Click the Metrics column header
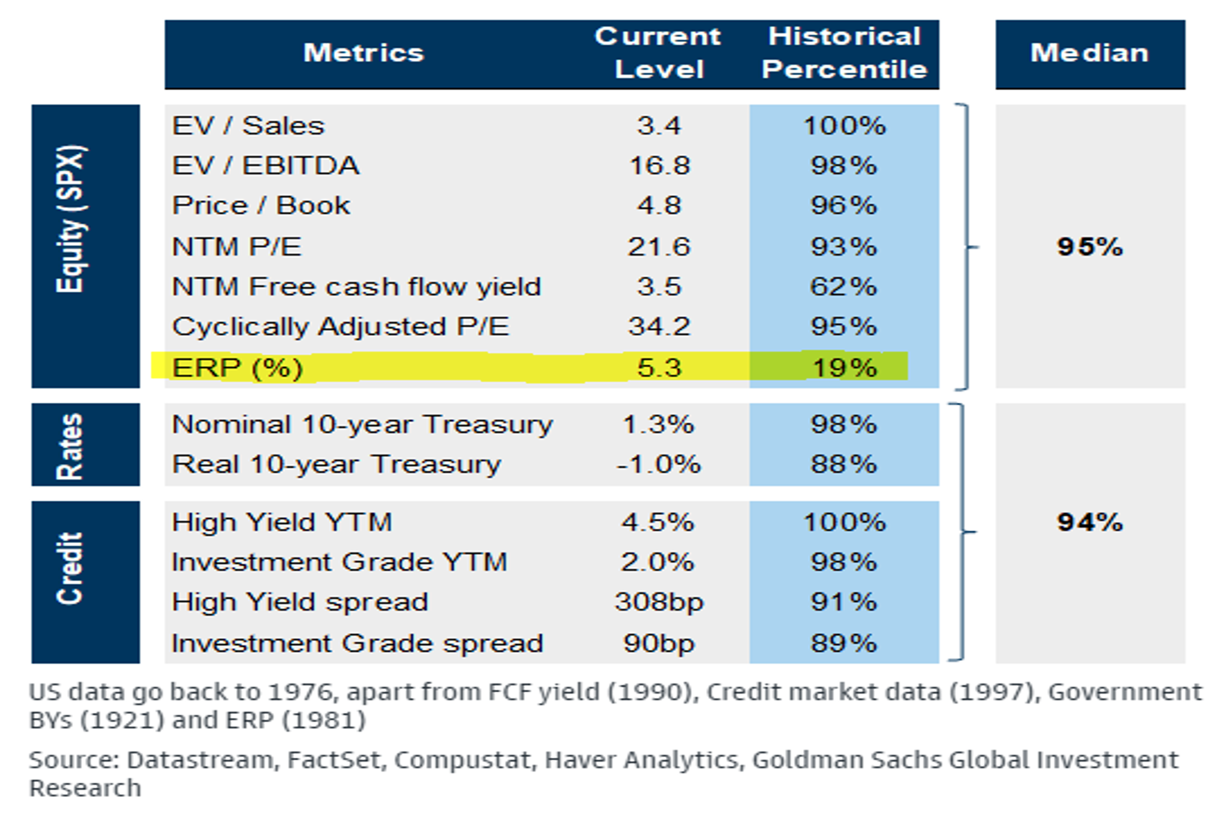tap(363, 53)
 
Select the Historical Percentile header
tap(844, 53)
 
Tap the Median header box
tap(1089, 53)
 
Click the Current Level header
tap(658, 53)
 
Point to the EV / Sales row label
tap(248, 126)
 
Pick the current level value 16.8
tap(659, 165)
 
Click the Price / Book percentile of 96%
tap(843, 205)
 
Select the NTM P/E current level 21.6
tap(659, 247)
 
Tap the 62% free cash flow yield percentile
tap(843, 287)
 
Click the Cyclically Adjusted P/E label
tap(340, 327)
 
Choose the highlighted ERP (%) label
tap(237, 367)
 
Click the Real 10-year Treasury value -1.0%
tap(658, 464)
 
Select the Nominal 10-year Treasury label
tap(362, 425)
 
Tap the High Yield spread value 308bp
tap(659, 602)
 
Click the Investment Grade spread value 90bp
tap(659, 643)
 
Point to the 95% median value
tap(1089, 247)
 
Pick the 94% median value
tap(1089, 522)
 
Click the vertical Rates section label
tap(70, 446)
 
